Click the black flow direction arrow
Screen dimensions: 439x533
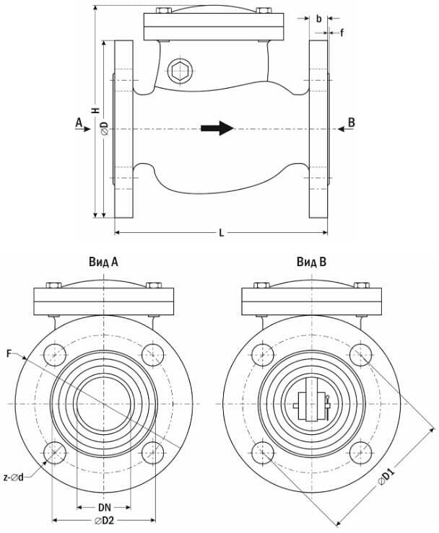(217, 128)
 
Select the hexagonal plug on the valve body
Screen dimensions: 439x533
(180, 71)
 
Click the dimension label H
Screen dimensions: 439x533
(96, 110)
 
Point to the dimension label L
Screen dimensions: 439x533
(222, 233)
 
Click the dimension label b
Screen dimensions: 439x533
(319, 19)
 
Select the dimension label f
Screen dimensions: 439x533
(342, 32)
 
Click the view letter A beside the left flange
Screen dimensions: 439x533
(79, 123)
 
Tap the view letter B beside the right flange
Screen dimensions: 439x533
(352, 123)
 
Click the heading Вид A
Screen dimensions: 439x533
(104, 262)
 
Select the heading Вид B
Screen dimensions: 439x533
(311, 262)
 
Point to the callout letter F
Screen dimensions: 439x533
(9, 354)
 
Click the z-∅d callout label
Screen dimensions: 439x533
(14, 477)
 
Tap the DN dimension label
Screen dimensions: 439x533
(105, 508)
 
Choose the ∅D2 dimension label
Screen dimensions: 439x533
(105, 521)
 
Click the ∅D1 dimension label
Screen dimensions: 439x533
(386, 477)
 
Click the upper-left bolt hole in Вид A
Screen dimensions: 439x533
(55, 355)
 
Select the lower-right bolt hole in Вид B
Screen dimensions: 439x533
(361, 453)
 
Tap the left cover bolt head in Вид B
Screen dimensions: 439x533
(261, 285)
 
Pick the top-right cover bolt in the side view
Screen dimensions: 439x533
(264, 10)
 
